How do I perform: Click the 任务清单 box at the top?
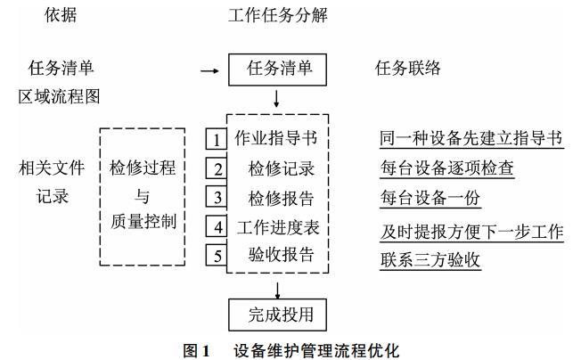[x=279, y=68]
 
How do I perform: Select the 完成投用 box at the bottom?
[x=279, y=315]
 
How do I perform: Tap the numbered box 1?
[x=216, y=140]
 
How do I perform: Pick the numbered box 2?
[x=216, y=168]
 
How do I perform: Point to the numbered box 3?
[x=216, y=197]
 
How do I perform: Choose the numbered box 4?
[x=216, y=226]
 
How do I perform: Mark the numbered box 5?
[x=216, y=255]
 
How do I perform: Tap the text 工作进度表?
[x=277, y=226]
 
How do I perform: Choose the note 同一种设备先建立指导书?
[x=471, y=139]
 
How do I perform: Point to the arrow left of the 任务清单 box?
[x=209, y=69]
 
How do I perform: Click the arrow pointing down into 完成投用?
[x=279, y=289]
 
